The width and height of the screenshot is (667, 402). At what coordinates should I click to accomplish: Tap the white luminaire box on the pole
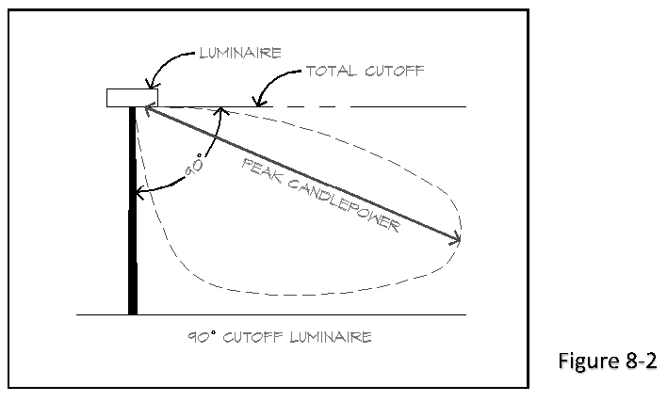(132, 97)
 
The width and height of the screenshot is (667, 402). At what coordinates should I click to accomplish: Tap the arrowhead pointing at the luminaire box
(151, 88)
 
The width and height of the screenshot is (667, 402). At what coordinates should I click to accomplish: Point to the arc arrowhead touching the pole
(140, 195)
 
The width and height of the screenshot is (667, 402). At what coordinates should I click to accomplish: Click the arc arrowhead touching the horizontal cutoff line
(220, 111)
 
